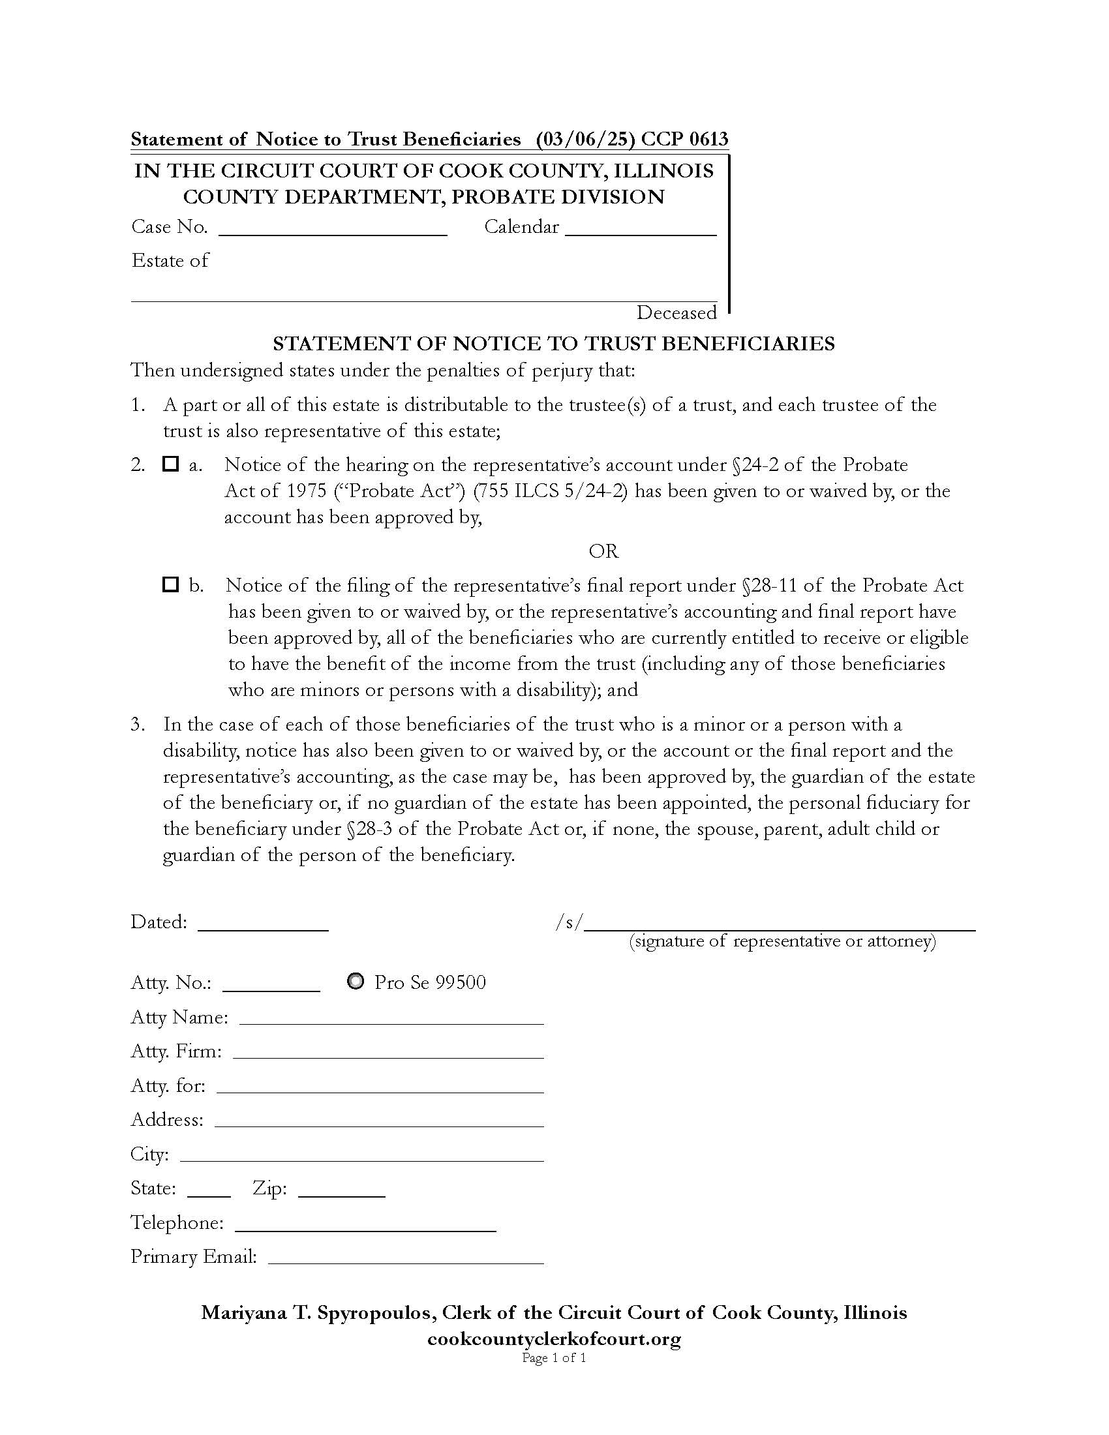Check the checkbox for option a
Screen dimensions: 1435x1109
point(170,464)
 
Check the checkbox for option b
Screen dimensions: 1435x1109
point(170,584)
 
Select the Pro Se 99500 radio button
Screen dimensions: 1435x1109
point(356,982)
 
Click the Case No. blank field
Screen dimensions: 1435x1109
point(333,228)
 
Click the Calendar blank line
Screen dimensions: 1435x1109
point(641,228)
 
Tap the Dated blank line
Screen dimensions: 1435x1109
point(263,922)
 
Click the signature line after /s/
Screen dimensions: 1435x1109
point(780,922)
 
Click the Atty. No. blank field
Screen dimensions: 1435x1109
point(271,983)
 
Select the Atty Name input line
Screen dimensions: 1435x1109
point(391,1017)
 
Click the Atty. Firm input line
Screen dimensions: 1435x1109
point(388,1051)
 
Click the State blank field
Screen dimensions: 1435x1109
point(209,1188)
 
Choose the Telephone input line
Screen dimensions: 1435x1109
point(365,1223)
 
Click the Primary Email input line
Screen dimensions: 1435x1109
point(406,1257)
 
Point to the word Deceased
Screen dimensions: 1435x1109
point(676,312)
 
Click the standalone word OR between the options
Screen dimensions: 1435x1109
point(603,551)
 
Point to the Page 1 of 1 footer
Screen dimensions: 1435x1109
point(554,1357)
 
